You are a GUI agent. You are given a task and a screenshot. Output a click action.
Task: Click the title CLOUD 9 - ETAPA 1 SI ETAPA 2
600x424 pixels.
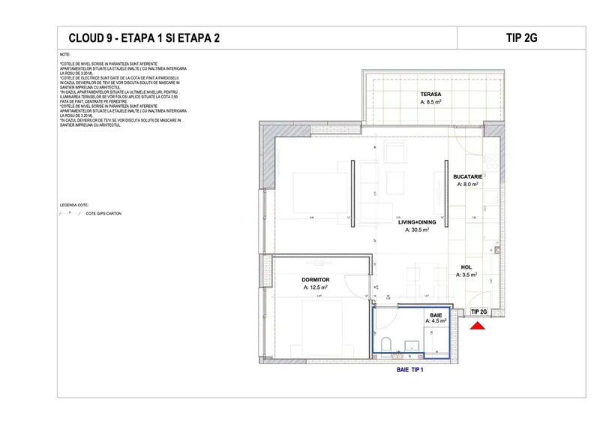[x=144, y=38]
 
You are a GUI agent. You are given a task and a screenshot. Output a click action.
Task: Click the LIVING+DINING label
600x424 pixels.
[x=417, y=222]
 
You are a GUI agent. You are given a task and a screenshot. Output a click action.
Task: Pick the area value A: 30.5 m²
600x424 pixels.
[x=417, y=230]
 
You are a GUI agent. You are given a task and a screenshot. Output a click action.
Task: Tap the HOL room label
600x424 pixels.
[x=466, y=266]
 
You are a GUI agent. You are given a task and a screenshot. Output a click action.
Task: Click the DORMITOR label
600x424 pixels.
[x=316, y=278]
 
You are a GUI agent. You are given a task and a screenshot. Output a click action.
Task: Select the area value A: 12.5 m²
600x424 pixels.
[x=316, y=287]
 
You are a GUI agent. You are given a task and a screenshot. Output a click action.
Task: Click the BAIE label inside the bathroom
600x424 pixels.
[x=436, y=314]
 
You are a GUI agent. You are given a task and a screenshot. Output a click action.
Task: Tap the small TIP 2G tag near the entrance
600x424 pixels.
[x=478, y=311]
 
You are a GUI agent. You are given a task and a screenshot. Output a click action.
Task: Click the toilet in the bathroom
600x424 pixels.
[x=385, y=344]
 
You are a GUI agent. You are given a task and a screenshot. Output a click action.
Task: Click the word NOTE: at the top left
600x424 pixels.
[x=64, y=56]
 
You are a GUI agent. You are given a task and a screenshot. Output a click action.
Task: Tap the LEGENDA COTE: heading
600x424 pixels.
[x=73, y=204]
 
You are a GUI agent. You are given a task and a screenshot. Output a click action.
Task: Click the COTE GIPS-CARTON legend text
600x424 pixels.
[x=103, y=214]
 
